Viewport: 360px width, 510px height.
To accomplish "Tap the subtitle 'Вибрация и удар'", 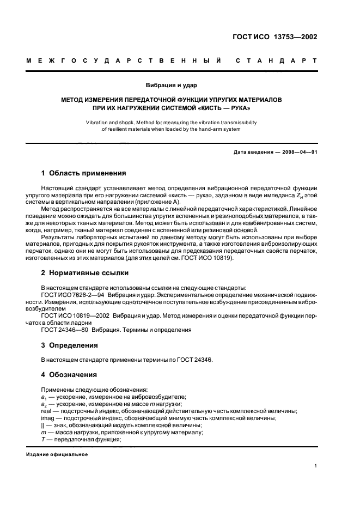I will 172,86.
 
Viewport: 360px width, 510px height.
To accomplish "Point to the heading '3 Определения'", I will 69,345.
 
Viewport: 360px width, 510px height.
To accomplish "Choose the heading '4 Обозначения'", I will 69,375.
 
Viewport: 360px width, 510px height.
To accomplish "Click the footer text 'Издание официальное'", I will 57,454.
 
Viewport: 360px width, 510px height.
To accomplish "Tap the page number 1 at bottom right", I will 316,466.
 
